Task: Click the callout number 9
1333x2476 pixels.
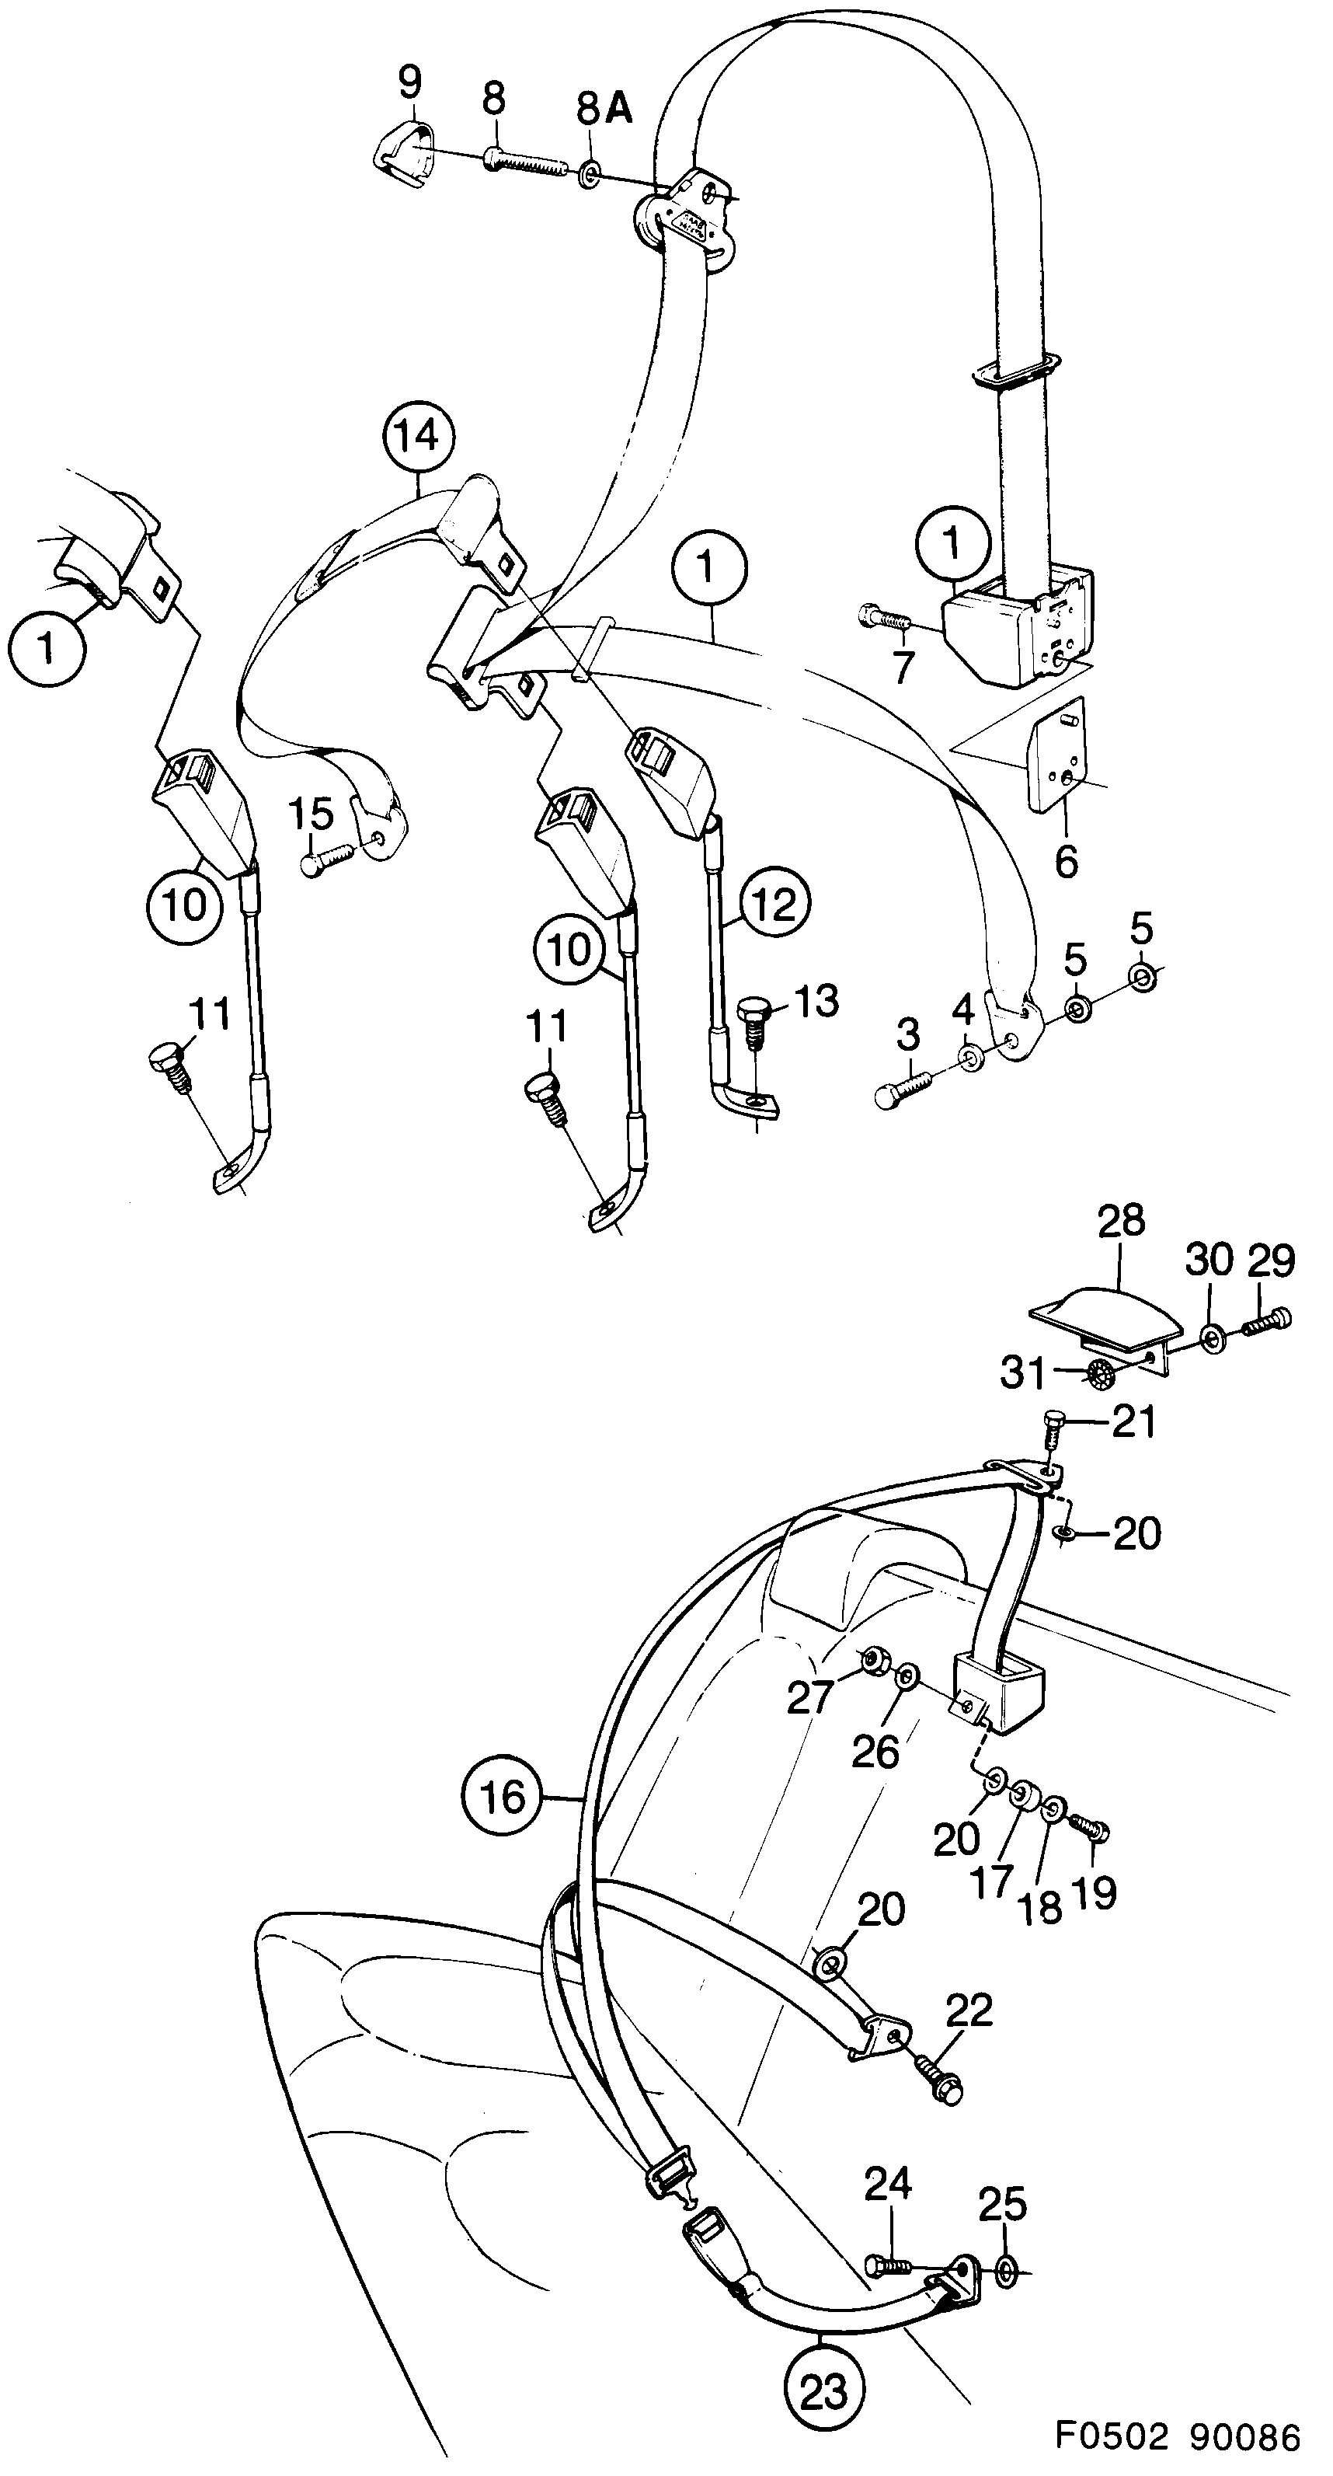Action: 409,85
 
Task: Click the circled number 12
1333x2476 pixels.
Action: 774,904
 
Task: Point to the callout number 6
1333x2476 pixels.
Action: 1067,861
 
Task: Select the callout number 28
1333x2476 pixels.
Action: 1121,1221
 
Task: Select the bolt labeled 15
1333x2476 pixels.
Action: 325,858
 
